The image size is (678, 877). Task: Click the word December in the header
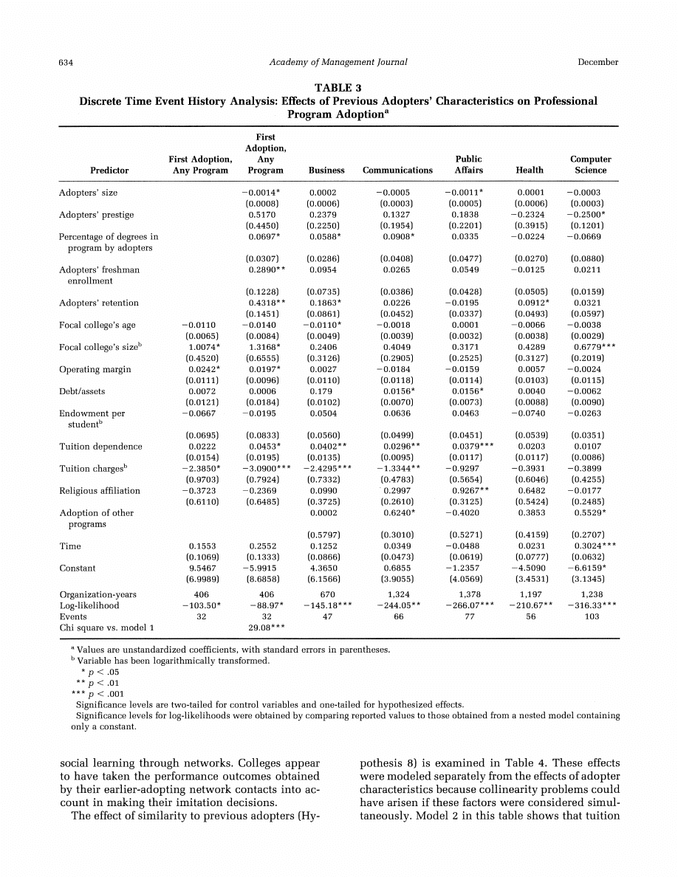point(597,62)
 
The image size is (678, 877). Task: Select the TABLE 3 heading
point(338,89)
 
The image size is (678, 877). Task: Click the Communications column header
point(397,171)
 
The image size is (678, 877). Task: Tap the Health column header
point(530,171)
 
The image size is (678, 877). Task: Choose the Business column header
point(326,171)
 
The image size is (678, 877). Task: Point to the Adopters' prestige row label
point(96,215)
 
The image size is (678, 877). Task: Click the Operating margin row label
point(95,370)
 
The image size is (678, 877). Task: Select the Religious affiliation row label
point(100,491)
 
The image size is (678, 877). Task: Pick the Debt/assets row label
point(83,392)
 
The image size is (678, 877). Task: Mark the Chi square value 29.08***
point(265,627)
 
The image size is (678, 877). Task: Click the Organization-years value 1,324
point(399,594)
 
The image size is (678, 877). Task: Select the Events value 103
point(592,616)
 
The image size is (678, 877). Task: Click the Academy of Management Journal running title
point(338,62)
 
